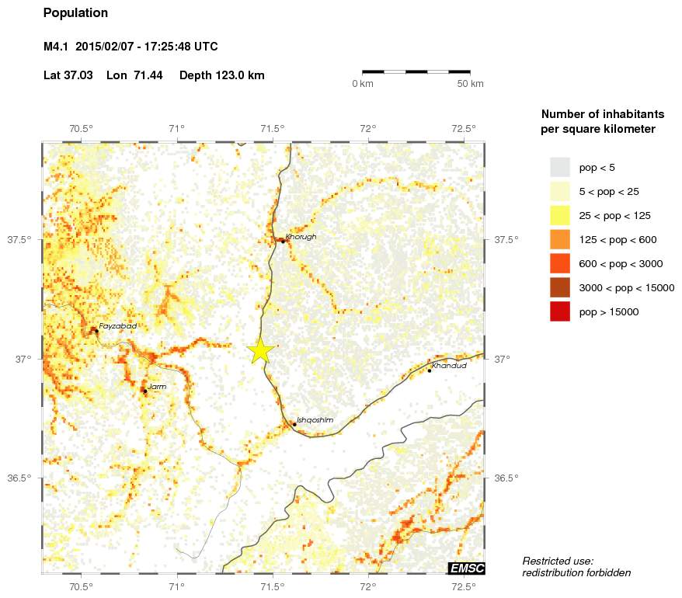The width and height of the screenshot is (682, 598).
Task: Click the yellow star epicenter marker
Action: coord(261,351)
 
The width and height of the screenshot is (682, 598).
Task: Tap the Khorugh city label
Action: coord(301,237)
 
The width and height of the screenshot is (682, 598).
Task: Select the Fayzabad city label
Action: coord(118,326)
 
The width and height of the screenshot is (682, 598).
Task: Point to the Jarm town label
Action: coord(157,386)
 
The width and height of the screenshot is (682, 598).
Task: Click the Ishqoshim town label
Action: coord(315,420)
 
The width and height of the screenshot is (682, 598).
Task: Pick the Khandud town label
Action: coord(449,366)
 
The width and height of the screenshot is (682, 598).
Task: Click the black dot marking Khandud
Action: coord(430,370)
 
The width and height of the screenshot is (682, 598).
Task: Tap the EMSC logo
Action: coord(466,568)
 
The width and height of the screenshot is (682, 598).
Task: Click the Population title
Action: coord(76,13)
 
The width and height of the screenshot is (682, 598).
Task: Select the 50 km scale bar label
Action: coord(470,84)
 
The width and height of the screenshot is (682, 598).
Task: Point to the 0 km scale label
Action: coord(363,84)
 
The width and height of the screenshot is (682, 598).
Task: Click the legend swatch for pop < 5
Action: coord(560,167)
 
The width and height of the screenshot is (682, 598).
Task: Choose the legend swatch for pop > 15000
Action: coord(560,311)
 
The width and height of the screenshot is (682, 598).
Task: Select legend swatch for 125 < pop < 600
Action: coord(560,239)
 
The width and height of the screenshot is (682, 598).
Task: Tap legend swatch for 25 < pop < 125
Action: coord(560,215)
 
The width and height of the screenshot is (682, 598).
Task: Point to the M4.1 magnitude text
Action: coord(56,47)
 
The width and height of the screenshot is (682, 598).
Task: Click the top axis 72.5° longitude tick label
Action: coord(464,128)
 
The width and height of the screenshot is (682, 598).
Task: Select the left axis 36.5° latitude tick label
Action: coord(19,478)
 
